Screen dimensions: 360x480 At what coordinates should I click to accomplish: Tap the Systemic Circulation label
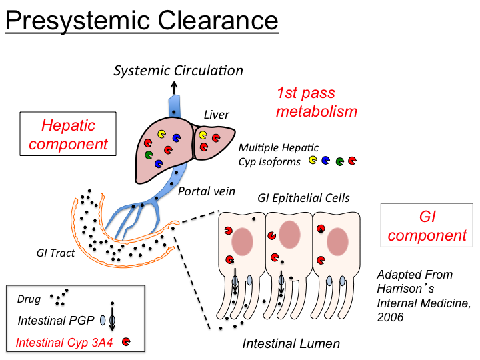[179, 70]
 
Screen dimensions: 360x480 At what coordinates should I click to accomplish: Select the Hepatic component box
[65, 133]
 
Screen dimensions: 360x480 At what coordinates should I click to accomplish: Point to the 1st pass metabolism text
[317, 102]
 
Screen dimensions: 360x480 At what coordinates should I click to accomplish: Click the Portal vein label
[206, 191]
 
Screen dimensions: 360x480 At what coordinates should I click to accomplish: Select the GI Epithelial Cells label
[303, 198]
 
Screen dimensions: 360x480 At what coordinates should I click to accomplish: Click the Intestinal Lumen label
[291, 344]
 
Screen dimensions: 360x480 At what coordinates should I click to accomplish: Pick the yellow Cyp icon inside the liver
[162, 133]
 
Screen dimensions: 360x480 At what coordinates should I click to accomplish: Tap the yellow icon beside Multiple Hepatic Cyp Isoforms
[313, 161]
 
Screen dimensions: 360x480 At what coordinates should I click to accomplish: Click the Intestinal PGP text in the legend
[52, 319]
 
